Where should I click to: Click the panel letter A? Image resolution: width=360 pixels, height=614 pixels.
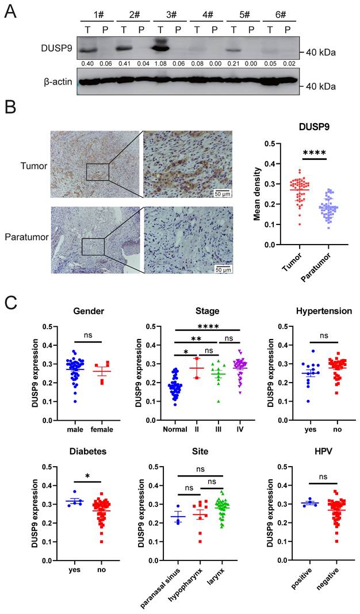point(10,10)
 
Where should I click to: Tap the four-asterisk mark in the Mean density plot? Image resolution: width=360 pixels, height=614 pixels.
point(315,153)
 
